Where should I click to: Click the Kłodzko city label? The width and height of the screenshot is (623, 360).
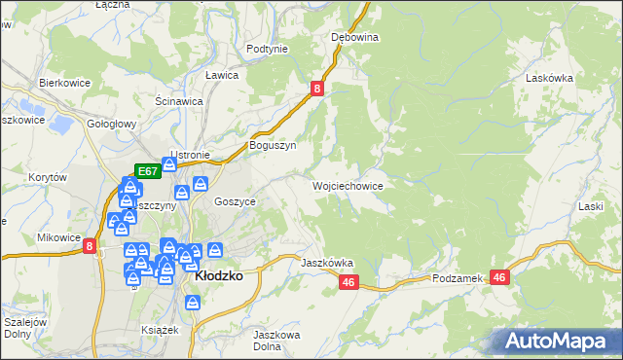click(219, 275)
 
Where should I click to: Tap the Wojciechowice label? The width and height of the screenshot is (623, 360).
click(347, 185)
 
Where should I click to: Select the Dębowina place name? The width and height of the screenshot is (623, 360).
click(354, 37)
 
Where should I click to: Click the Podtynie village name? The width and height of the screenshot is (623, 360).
click(267, 48)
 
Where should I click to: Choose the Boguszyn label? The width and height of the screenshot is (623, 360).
click(273, 145)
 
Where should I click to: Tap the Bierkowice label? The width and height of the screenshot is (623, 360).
click(64, 83)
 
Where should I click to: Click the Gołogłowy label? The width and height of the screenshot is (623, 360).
click(110, 124)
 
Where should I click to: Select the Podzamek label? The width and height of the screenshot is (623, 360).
click(458, 278)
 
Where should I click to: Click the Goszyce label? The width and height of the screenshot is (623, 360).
click(234, 200)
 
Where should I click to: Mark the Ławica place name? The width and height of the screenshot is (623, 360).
click(222, 74)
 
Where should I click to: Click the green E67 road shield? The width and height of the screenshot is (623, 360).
click(147, 171)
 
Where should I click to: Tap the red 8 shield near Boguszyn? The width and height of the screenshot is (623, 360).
click(318, 89)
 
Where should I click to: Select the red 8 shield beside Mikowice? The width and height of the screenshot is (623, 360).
click(90, 247)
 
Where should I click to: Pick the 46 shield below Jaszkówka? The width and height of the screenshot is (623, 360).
click(350, 282)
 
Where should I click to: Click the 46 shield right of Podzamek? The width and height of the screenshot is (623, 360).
click(500, 277)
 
